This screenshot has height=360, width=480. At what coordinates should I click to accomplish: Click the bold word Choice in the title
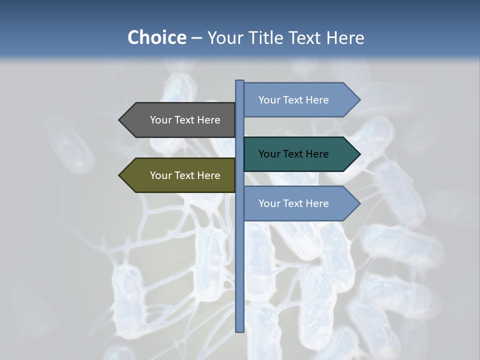click(156, 37)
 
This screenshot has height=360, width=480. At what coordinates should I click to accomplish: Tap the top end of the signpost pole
click(240, 81)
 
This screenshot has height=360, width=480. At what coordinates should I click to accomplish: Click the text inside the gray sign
click(185, 120)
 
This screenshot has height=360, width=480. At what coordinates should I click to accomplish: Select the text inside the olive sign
click(185, 175)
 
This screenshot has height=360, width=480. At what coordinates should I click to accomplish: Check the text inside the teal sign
click(293, 154)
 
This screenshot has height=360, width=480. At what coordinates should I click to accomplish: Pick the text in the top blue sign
click(293, 100)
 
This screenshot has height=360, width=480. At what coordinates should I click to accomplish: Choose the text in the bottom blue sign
click(293, 203)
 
